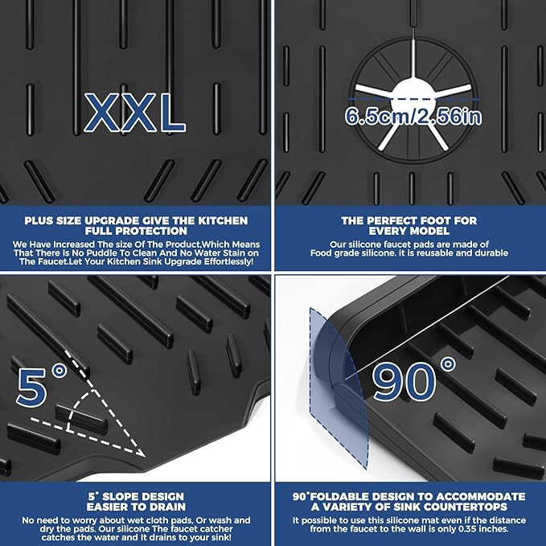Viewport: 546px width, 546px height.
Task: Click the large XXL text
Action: (x=135, y=113)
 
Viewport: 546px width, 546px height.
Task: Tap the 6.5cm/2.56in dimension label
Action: (x=413, y=117)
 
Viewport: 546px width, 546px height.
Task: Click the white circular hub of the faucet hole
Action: (x=413, y=96)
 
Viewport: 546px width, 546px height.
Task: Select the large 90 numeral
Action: (x=404, y=381)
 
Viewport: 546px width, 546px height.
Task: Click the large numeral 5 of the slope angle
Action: (x=31, y=388)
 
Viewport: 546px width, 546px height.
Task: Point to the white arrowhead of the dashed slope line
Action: (x=141, y=453)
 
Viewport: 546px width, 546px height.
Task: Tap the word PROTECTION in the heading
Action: (x=150, y=232)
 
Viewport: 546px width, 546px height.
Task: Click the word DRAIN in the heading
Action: (x=166, y=507)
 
